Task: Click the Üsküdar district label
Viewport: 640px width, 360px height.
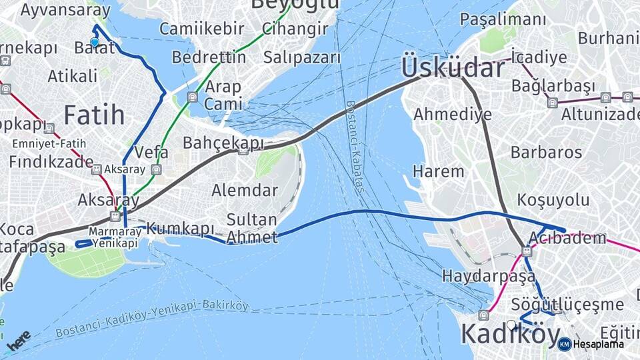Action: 453,68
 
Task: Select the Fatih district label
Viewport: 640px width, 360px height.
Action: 94,115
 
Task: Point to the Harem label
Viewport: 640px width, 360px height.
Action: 438,171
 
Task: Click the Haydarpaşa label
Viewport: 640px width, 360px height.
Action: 489,275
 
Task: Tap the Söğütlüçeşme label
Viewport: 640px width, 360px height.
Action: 567,305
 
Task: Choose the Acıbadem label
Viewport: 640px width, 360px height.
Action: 567,238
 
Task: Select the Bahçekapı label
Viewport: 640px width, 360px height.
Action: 223,143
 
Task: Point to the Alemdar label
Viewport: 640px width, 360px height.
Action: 245,190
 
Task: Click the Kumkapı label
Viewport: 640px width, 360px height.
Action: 180,229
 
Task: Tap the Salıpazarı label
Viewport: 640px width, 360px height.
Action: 302,57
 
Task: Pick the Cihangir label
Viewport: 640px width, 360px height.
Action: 295,29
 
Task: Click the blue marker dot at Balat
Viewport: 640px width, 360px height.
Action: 95,43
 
